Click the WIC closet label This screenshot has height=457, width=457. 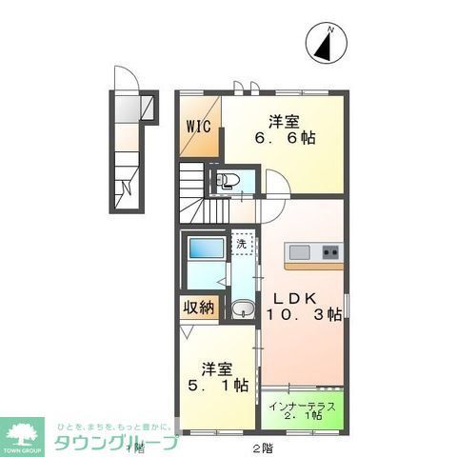[198, 125]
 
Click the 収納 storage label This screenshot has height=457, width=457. [199, 308]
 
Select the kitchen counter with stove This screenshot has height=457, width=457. [313, 251]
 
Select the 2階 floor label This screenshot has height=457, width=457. [263, 447]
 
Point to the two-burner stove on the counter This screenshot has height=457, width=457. [330, 251]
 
